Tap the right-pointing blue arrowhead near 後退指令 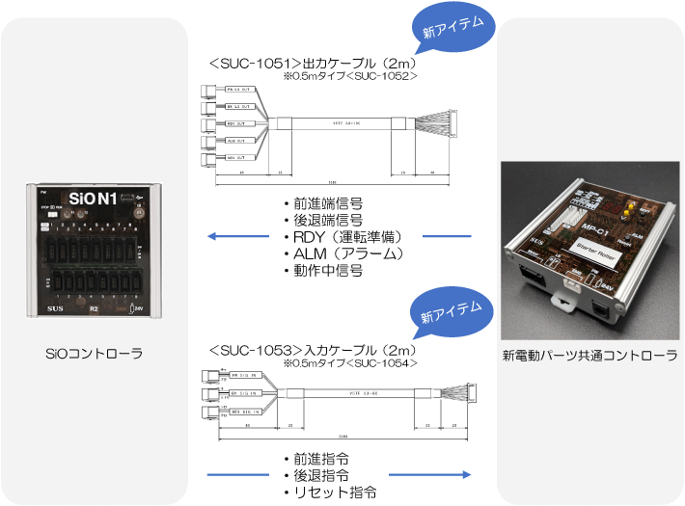click(465, 474)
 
